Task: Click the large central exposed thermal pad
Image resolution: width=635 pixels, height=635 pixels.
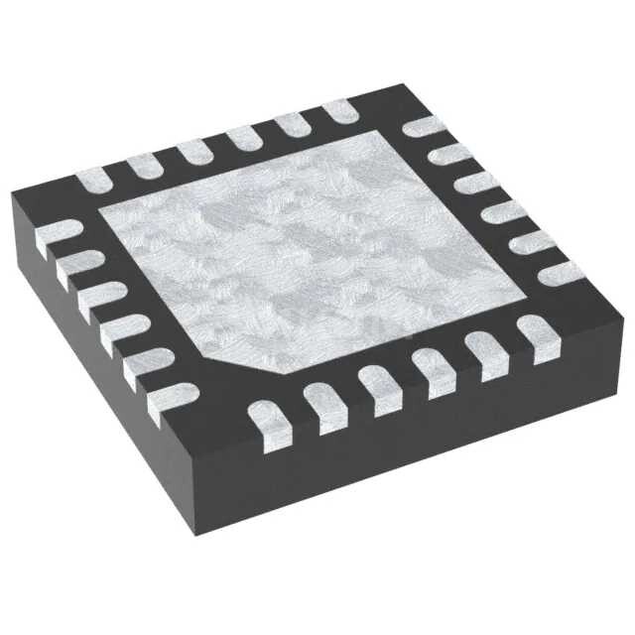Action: coord(317,243)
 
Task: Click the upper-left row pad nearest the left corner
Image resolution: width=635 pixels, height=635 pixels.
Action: coord(94,180)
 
